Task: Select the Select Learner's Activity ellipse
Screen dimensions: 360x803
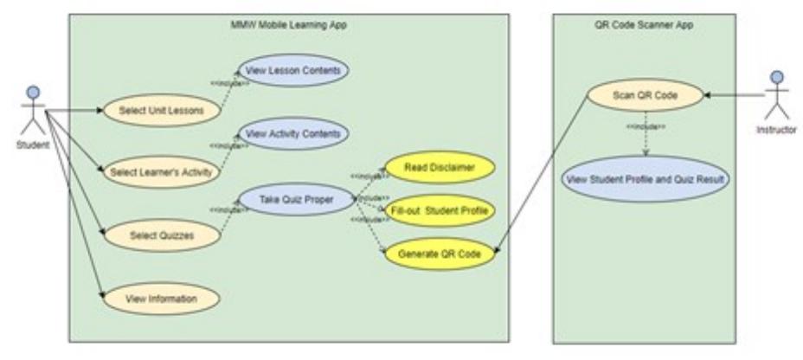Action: point(161,171)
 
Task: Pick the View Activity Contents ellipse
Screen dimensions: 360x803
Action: point(294,134)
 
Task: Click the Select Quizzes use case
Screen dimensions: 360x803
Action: point(160,233)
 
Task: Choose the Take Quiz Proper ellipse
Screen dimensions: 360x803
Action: point(294,199)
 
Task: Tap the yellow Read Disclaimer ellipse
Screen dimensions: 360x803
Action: point(439,168)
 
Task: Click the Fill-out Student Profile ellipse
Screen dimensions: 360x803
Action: point(439,210)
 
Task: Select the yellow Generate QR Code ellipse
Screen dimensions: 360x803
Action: point(439,254)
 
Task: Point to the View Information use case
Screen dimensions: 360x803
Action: point(160,299)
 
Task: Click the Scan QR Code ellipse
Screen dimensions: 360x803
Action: point(644,94)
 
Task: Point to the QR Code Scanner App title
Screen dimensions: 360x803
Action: point(645,24)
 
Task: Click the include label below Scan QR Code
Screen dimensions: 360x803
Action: point(645,127)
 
